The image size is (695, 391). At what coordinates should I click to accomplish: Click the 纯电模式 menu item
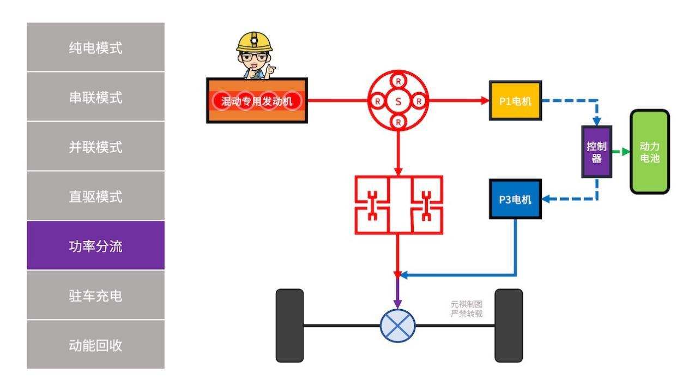(x=95, y=47)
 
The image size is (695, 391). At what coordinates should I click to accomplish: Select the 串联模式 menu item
(x=95, y=97)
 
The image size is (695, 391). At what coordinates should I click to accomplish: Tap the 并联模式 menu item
(x=95, y=147)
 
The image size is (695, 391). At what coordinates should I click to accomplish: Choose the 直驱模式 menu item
(x=95, y=196)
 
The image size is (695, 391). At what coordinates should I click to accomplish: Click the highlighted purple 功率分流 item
(x=95, y=246)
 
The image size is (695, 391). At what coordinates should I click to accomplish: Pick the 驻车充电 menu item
(x=95, y=296)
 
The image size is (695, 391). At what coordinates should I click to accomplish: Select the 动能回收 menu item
(x=95, y=345)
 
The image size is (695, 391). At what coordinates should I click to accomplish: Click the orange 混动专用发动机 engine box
(x=257, y=101)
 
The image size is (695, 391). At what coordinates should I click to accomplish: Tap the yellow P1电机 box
(x=515, y=101)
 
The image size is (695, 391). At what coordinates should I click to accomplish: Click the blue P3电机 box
(x=515, y=199)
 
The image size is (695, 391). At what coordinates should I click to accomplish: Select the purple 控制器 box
(x=596, y=152)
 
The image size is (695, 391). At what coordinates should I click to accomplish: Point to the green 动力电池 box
(x=649, y=152)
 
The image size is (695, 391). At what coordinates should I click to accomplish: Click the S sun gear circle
(x=398, y=101)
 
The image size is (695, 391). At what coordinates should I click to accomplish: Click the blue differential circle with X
(x=397, y=326)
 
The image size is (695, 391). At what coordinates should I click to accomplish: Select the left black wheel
(x=289, y=326)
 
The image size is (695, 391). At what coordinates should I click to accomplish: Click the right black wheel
(x=508, y=326)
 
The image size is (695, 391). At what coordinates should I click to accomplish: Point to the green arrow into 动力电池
(x=621, y=152)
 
